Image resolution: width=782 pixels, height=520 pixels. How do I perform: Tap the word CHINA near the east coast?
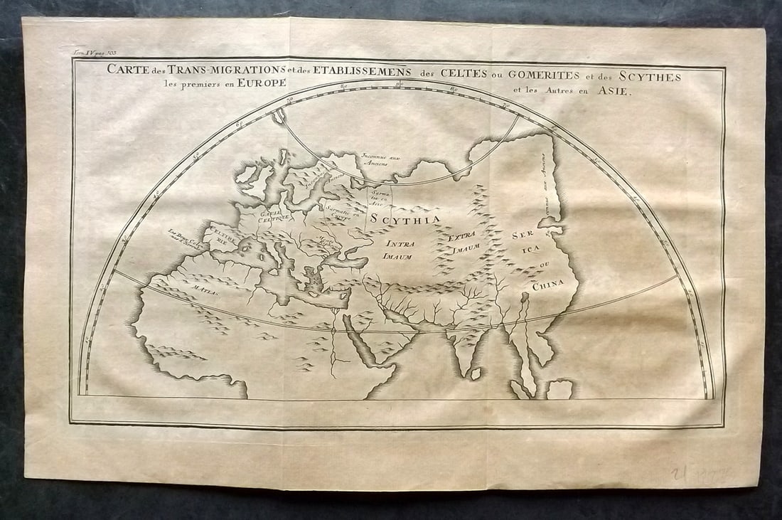click(x=547, y=285)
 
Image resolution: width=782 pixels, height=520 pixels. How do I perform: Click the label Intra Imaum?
click(x=401, y=249)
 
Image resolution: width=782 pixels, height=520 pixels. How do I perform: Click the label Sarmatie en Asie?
click(x=377, y=197)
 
